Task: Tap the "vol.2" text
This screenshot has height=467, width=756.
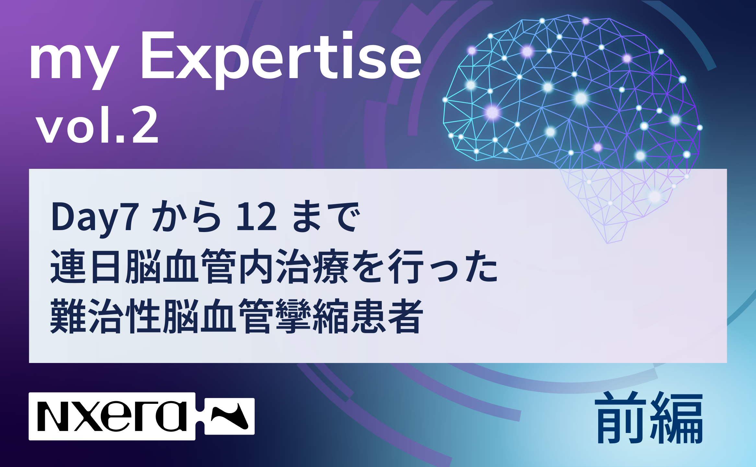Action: (x=98, y=125)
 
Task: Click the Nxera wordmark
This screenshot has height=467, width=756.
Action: (x=112, y=416)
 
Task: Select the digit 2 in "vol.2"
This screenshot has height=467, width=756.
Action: (x=145, y=125)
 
